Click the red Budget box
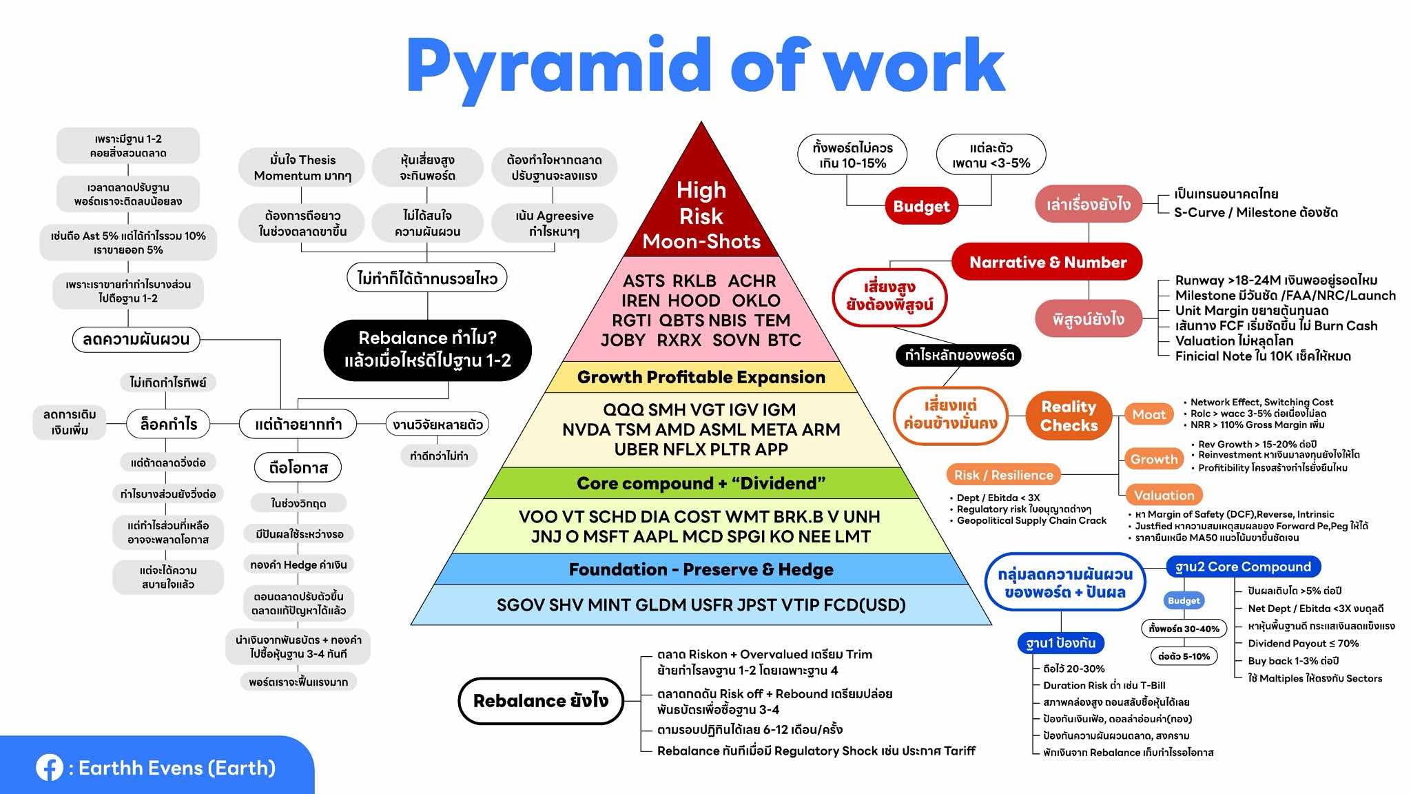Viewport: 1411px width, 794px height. coord(921,206)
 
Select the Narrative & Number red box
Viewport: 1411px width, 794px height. coord(1047,262)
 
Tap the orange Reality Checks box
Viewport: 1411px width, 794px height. coord(1069,416)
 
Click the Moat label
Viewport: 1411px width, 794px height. coord(1149,414)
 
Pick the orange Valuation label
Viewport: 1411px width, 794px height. coord(1164,495)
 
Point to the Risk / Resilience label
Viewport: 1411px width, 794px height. coord(1003,475)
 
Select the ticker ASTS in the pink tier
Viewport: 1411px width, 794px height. coord(644,281)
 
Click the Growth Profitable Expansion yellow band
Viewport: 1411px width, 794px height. coord(701,377)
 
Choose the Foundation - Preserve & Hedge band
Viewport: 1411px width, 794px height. coord(701,569)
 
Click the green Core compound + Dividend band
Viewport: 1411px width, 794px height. coord(701,483)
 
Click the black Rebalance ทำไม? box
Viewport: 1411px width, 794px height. coord(427,349)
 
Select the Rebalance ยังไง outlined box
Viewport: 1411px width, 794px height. coord(540,701)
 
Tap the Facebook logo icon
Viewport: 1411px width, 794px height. coord(50,768)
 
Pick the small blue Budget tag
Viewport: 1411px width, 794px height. coord(1184,600)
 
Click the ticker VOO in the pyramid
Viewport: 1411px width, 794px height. coord(538,517)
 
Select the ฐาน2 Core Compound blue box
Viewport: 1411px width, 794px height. coord(1243,567)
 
